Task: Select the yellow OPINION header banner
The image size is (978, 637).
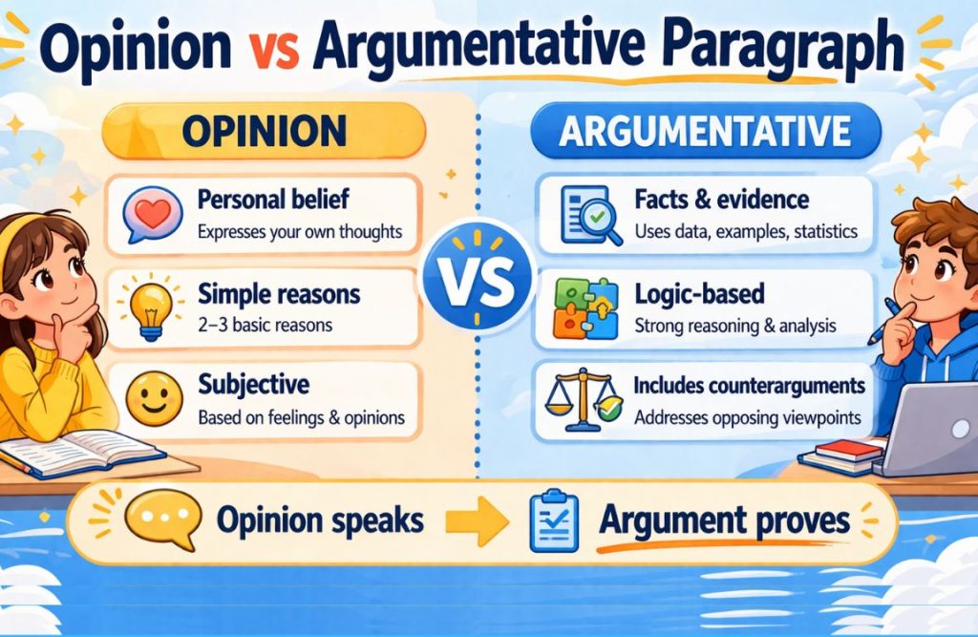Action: pos(265,132)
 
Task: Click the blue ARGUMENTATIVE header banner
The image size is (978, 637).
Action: pos(704,131)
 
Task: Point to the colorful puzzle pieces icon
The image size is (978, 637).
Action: pos(582,308)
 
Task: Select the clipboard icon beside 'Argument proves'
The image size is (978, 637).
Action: pos(552,521)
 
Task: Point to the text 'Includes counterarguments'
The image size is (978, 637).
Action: pos(749,386)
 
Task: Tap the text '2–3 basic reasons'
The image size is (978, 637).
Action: pos(265,325)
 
